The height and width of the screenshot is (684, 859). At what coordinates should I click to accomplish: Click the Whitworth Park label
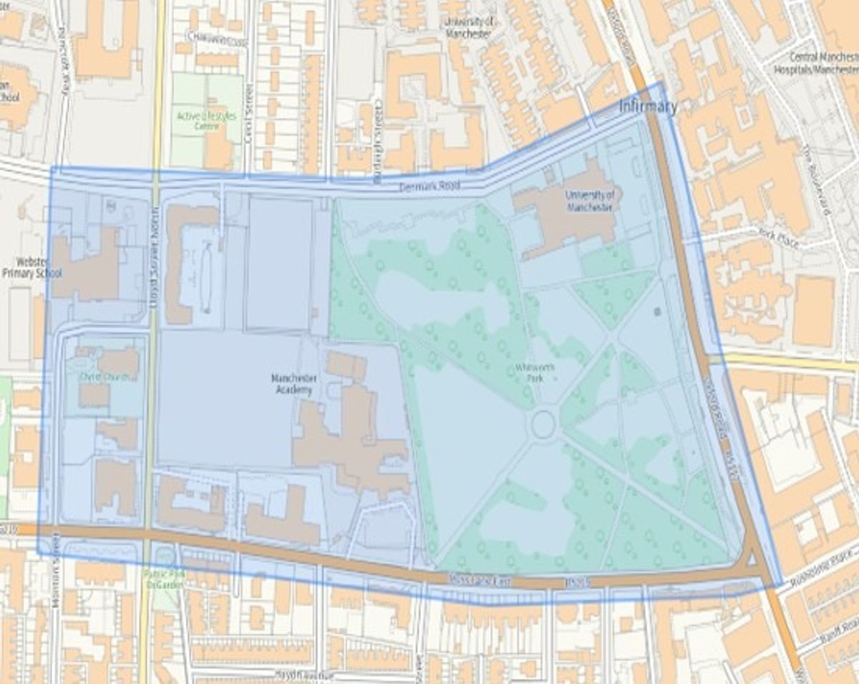[535, 372]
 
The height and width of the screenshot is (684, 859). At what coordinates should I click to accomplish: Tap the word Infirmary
[648, 107]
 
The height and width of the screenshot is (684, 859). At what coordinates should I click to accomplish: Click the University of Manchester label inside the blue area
[589, 201]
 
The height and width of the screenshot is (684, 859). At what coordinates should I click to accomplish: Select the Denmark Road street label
[429, 186]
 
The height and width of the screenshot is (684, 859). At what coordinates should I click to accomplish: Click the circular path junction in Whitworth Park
[543, 425]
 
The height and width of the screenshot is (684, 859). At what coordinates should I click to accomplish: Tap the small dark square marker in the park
[658, 312]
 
